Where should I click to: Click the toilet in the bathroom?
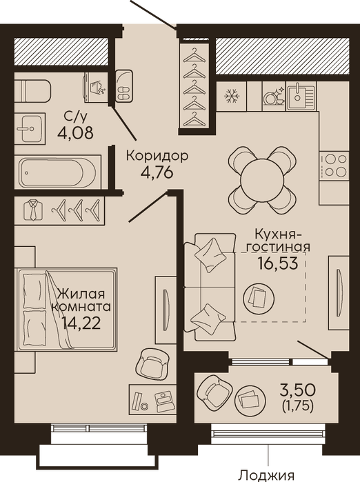32,91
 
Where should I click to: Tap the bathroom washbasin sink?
30,128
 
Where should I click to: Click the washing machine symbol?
96,88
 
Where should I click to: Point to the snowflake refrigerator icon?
232,96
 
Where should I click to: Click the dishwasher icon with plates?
274,96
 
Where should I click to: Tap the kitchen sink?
301,96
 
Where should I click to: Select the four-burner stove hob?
334,165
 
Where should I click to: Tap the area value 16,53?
278,263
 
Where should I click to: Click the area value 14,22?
81,323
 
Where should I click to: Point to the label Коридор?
157,157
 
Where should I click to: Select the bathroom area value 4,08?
75,133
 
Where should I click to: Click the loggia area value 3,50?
298,390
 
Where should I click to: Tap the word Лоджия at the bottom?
267,476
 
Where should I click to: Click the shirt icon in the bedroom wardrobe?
33,210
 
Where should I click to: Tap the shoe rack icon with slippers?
124,85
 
